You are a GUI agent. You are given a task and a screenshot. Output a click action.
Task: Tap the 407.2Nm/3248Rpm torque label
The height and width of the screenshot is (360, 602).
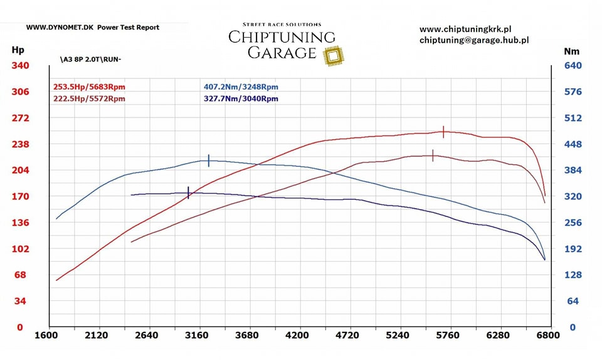point(241,87)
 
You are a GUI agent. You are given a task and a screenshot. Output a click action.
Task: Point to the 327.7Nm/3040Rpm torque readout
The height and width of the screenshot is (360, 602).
point(241,98)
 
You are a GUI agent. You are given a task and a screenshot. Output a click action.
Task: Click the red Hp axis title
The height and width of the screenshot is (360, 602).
point(18,50)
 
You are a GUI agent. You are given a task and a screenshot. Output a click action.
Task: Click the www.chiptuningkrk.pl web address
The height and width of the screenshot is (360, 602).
point(465,29)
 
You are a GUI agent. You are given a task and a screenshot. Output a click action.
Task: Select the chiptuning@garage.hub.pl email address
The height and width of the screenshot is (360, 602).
point(474,40)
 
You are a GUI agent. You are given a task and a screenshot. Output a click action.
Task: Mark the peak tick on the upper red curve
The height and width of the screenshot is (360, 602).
point(443,132)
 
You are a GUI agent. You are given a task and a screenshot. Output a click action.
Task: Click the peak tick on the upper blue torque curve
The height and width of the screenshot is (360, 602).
point(209,160)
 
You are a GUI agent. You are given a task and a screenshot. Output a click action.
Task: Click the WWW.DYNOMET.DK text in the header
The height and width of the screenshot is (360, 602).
point(60,28)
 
